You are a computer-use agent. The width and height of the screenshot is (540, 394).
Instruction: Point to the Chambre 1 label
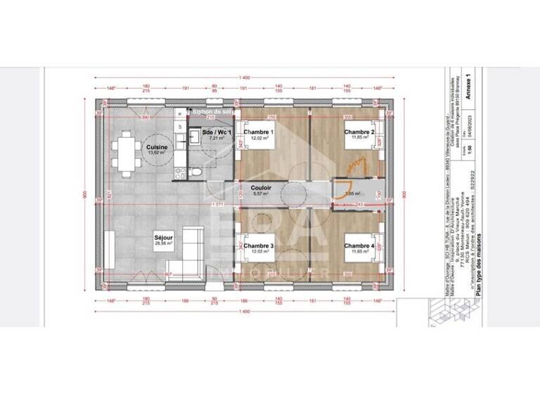258,132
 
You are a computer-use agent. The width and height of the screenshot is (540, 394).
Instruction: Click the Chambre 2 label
359,132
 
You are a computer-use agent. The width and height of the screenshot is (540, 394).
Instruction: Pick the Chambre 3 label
258,245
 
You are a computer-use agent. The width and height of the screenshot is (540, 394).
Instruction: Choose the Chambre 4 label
359,245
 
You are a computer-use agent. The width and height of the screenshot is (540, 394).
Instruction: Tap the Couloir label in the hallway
261,188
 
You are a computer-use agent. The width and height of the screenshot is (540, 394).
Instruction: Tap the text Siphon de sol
212,111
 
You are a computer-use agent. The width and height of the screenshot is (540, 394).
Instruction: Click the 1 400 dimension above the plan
244,77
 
